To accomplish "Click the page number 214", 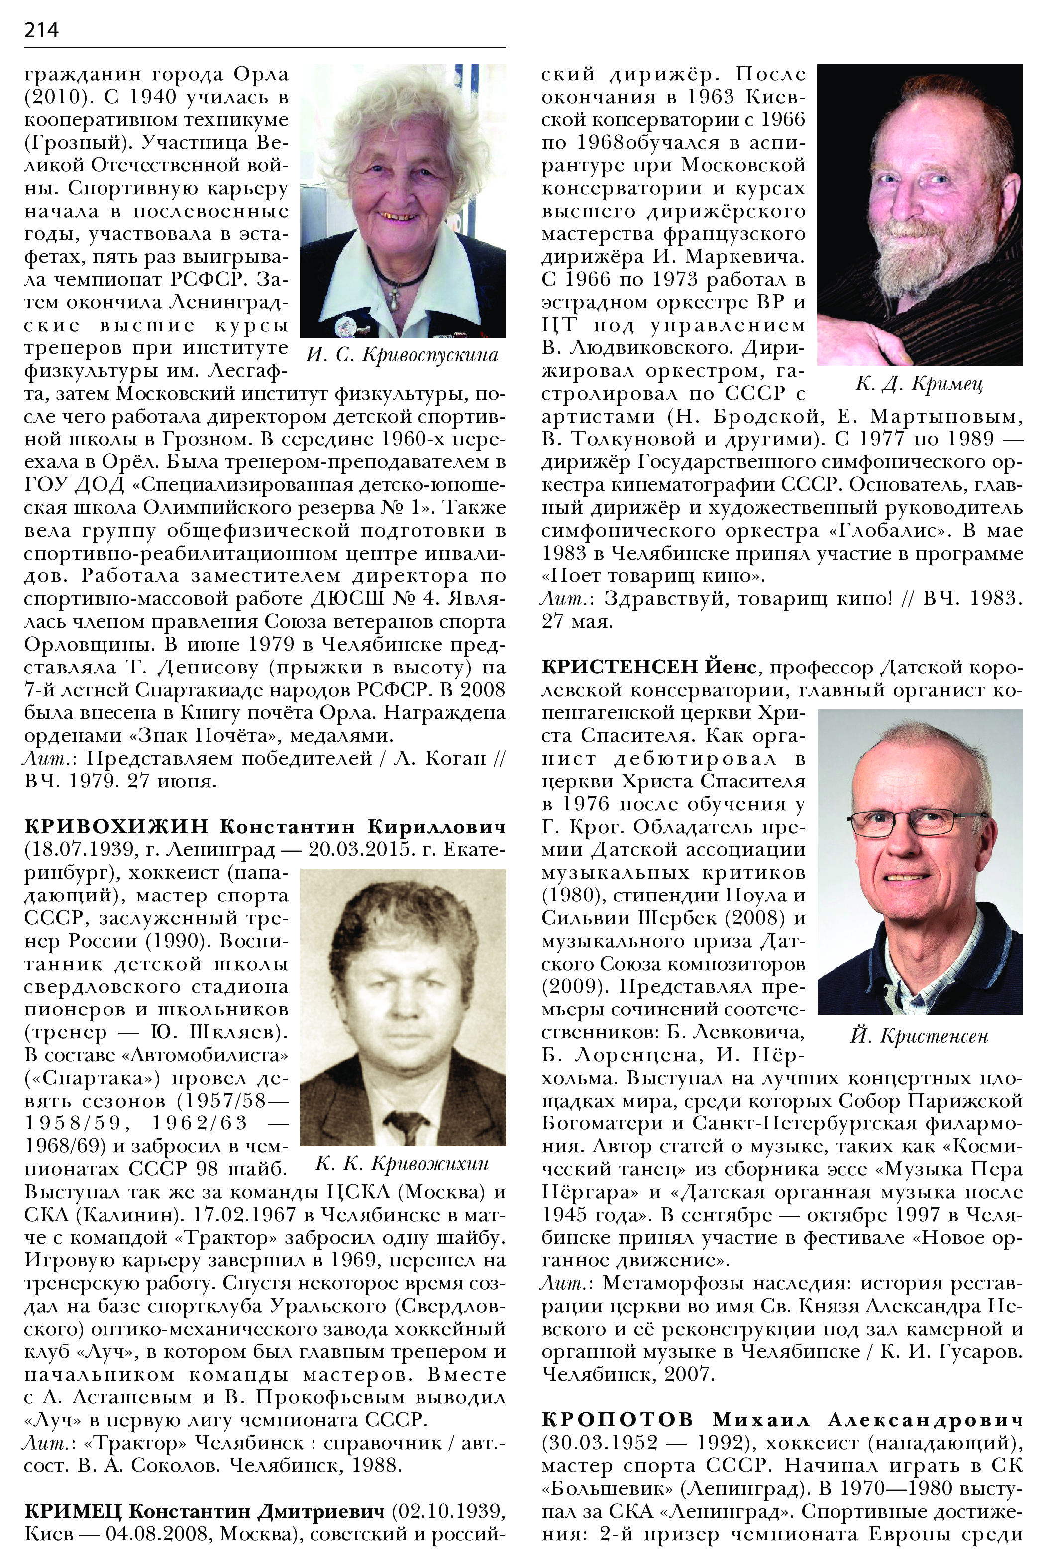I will [41, 30].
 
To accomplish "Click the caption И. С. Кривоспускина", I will [402, 354].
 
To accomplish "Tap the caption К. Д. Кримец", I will [919, 384].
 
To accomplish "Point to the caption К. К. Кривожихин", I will [402, 1164].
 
